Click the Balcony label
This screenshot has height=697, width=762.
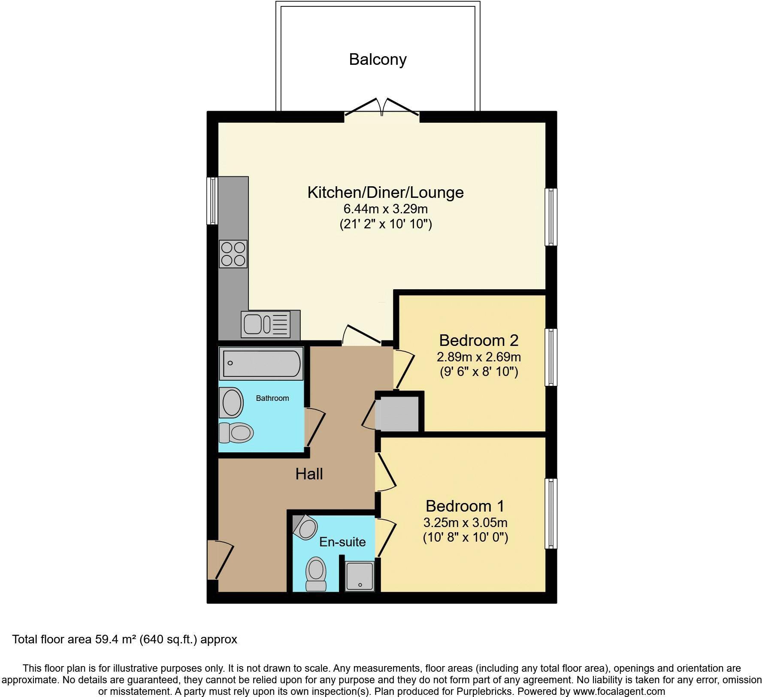point(378,59)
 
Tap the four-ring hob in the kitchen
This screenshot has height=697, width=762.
point(233,254)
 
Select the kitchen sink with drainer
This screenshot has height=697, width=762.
point(266,324)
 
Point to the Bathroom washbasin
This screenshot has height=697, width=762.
point(232,402)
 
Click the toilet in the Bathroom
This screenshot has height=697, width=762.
point(236,433)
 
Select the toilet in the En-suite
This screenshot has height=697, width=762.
point(316,574)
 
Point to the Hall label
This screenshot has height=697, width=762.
point(309,474)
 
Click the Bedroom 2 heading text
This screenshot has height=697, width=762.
point(479,340)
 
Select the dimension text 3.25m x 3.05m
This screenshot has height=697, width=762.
point(466,523)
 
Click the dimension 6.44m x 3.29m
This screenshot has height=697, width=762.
point(386,209)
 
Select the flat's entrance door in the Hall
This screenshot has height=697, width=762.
point(220,560)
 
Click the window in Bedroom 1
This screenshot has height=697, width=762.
point(551,513)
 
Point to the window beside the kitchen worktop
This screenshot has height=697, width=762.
point(212,201)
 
